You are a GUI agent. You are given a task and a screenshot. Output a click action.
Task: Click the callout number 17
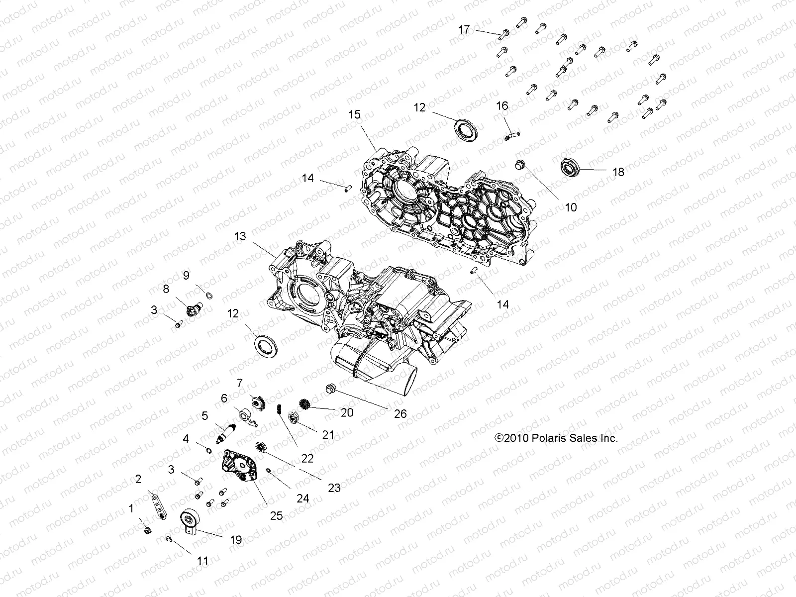(464, 30)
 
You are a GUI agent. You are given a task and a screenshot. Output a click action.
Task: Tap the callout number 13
(240, 236)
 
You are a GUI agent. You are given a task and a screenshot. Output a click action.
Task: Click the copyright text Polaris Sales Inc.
(556, 438)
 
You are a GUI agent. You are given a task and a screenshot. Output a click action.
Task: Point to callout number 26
(400, 413)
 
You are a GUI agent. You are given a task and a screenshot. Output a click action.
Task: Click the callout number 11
(202, 561)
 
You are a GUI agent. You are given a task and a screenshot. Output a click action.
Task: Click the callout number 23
(334, 488)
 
